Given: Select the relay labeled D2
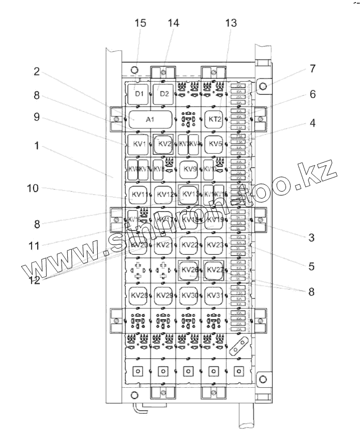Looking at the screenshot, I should point(164,94).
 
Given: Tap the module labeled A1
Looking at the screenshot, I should point(150,120).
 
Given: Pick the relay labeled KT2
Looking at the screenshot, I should point(214,119).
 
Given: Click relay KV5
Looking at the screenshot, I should point(214,143).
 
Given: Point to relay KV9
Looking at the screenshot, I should point(189,169).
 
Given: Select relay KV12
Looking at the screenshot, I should point(164,195).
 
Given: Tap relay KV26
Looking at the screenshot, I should point(189,270).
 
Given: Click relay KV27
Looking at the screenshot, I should point(214,270).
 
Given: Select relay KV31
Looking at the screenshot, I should point(214,295).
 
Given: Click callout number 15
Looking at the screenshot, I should point(140,23).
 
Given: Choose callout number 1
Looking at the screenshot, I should point(36,146).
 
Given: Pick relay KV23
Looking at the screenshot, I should point(214,244).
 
